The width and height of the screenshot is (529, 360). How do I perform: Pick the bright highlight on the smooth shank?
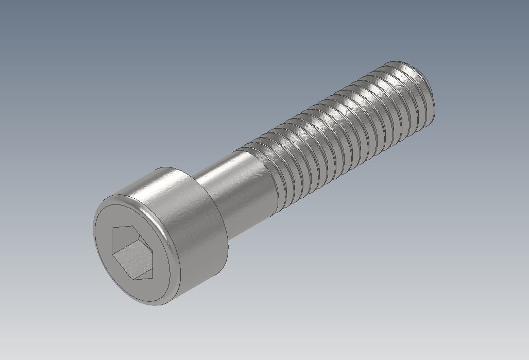(227, 170)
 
